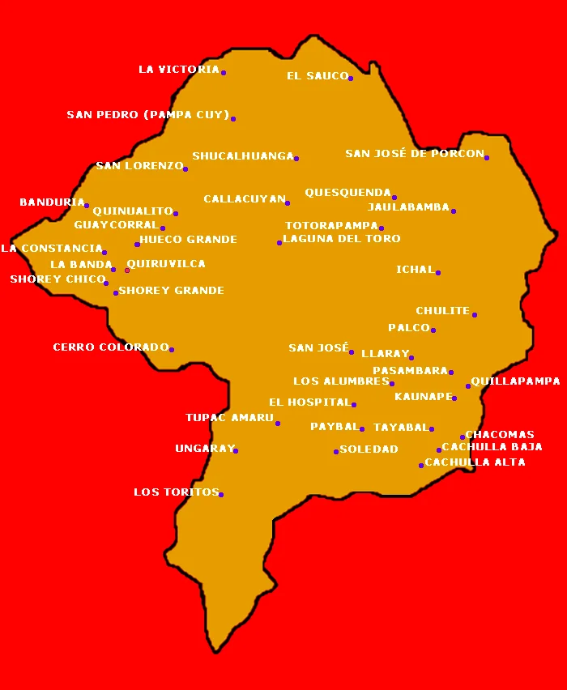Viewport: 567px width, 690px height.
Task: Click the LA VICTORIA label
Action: (178, 70)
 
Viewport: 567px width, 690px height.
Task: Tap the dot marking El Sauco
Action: (351, 79)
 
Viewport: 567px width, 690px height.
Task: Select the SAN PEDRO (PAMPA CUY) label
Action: (147, 115)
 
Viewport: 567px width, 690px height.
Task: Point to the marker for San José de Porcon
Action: (487, 158)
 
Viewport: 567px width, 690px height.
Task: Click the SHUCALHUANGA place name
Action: (242, 156)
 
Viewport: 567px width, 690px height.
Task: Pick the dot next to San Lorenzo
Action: (185, 169)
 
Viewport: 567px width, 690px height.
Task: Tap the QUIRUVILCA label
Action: (166, 264)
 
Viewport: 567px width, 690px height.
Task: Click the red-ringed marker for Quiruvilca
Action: (127, 270)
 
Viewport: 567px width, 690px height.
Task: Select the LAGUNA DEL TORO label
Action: (341, 239)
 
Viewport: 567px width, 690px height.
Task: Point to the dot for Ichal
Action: (438, 273)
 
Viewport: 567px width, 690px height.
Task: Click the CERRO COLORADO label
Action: (110, 347)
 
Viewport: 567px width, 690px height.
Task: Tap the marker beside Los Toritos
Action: (221, 495)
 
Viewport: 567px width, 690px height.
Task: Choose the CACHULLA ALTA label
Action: (475, 462)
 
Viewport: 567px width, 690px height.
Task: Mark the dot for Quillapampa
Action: (468, 386)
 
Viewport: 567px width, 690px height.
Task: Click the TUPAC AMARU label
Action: (229, 418)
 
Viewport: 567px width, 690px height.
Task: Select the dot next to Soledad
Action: (336, 452)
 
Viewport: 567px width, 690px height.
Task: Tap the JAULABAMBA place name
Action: (407, 207)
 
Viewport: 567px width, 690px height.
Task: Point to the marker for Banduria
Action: (87, 206)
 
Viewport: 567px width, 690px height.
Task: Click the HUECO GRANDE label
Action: (188, 240)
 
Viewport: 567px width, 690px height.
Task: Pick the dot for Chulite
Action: (475, 315)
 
